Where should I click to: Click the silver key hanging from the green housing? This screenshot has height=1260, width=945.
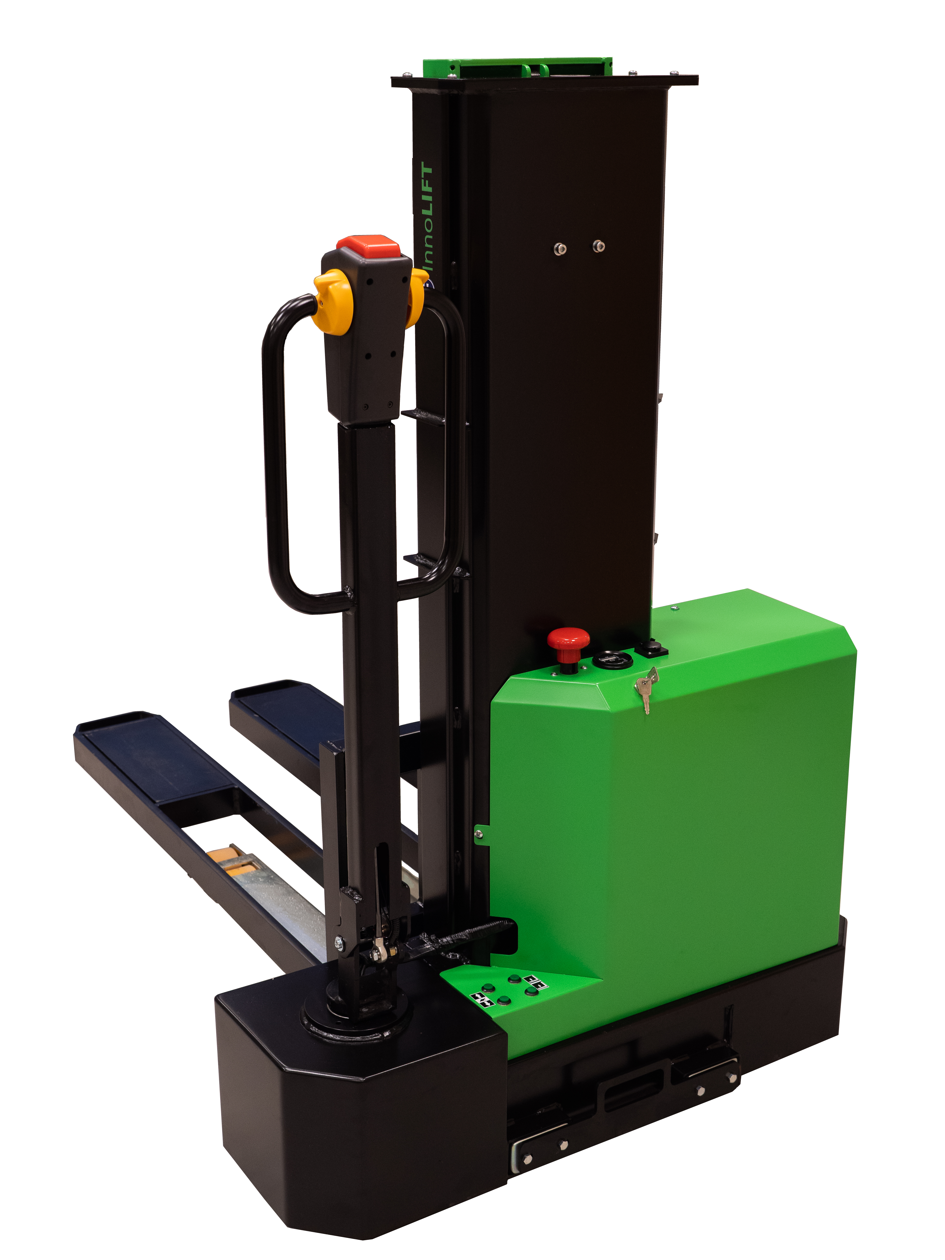[x=647, y=691]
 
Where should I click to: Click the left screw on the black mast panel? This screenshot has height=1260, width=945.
[x=560, y=248]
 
